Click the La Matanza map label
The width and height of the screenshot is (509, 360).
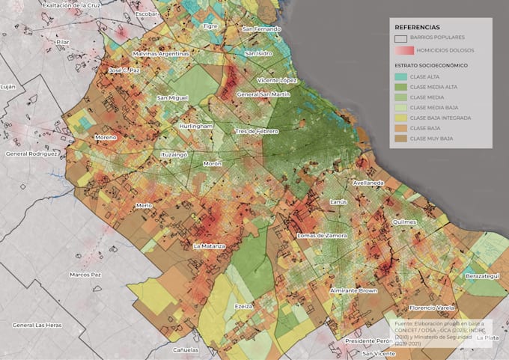click(209, 245)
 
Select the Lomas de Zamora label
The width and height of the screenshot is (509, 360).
click(322, 236)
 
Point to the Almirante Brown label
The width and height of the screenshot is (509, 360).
click(354, 290)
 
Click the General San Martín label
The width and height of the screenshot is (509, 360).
click(263, 94)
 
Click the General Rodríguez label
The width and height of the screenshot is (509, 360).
click(31, 153)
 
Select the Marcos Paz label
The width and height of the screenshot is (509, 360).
click(85, 275)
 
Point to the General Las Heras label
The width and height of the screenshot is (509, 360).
click(37, 325)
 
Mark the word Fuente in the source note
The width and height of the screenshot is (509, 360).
click(405, 323)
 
